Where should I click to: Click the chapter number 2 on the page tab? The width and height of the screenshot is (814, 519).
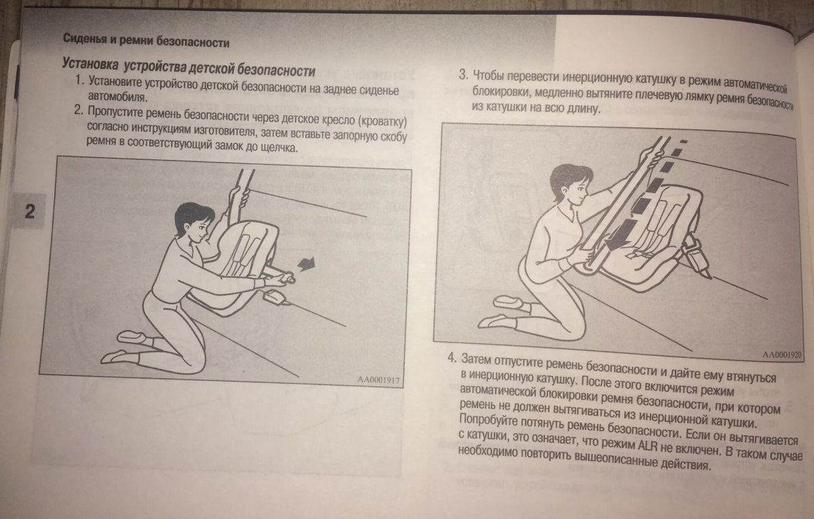click(29, 211)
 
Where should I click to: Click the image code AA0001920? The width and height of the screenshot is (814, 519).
click(782, 354)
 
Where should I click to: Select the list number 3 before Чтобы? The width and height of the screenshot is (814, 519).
click(463, 74)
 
